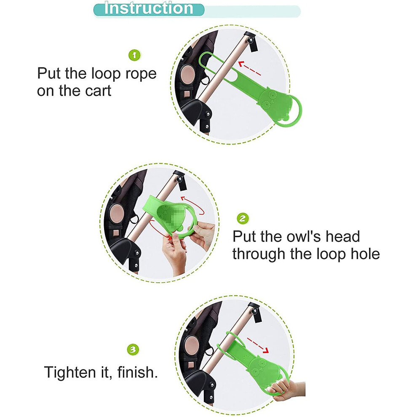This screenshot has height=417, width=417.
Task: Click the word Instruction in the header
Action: click(x=148, y=8)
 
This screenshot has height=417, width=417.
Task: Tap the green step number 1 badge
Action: click(x=134, y=56)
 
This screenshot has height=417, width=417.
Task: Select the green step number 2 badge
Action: click(x=243, y=219)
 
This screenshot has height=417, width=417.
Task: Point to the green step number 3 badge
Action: click(x=133, y=350)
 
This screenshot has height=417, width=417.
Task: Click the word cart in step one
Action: click(x=98, y=91)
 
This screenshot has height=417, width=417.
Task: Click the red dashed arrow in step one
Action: click(x=249, y=68)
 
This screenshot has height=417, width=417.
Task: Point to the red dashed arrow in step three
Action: click(x=258, y=345)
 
